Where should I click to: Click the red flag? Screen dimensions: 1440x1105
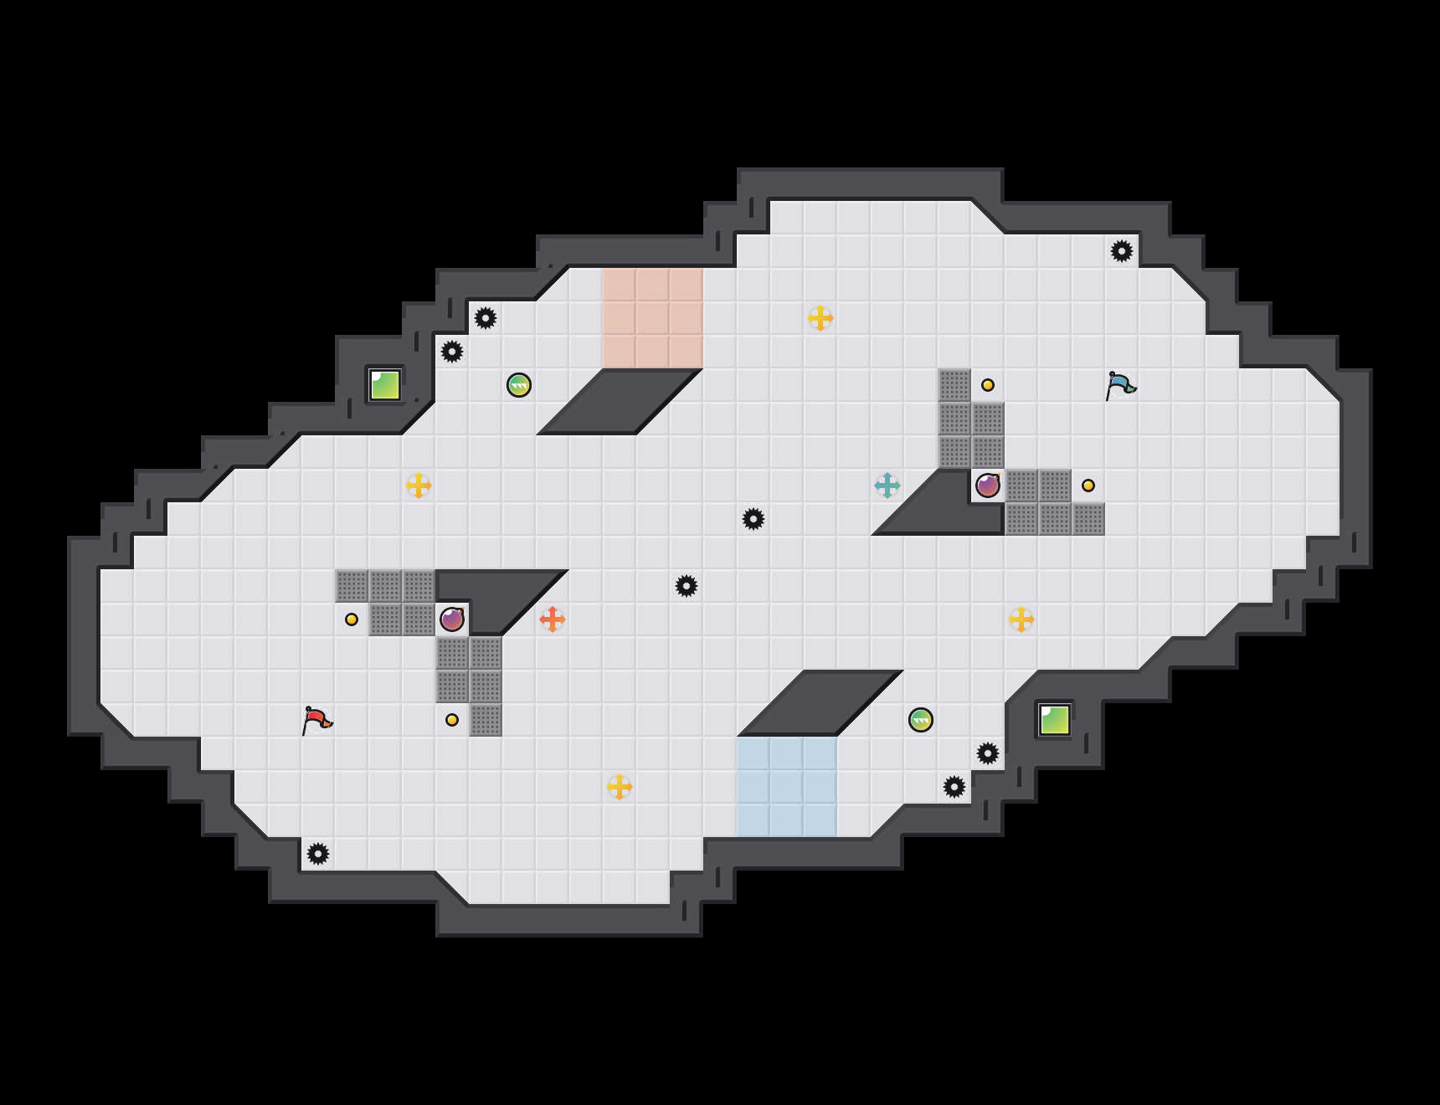[x=316, y=720]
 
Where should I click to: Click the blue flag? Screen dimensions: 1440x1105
[x=1120, y=385]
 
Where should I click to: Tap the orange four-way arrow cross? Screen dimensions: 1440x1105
[x=553, y=619]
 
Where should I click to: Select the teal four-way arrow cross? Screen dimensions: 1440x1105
[x=887, y=486]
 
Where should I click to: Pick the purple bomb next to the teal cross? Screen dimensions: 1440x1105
[x=988, y=486]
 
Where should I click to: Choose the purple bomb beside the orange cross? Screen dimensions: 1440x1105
[x=452, y=619]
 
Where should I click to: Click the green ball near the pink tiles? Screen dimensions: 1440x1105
[x=519, y=385]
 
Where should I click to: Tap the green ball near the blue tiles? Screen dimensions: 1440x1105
[x=921, y=720]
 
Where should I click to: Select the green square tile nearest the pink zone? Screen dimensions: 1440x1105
[x=385, y=385]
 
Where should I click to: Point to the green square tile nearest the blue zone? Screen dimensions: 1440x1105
[x=1055, y=720]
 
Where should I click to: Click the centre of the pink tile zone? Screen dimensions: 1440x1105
[x=653, y=318]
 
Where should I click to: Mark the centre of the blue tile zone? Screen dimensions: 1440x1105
[x=787, y=787]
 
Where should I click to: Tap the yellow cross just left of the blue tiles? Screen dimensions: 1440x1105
[x=620, y=787]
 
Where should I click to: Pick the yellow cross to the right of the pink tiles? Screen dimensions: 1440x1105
[x=820, y=318]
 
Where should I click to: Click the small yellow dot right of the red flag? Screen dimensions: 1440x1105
[x=452, y=720]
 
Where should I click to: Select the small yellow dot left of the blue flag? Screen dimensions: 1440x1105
[x=988, y=385]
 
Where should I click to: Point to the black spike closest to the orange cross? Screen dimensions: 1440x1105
[x=687, y=586]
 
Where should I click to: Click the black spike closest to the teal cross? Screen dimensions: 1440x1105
[x=753, y=519]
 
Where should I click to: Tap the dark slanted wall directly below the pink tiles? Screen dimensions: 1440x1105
[x=620, y=402]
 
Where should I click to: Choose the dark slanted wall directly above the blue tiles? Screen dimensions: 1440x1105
[x=820, y=703]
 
